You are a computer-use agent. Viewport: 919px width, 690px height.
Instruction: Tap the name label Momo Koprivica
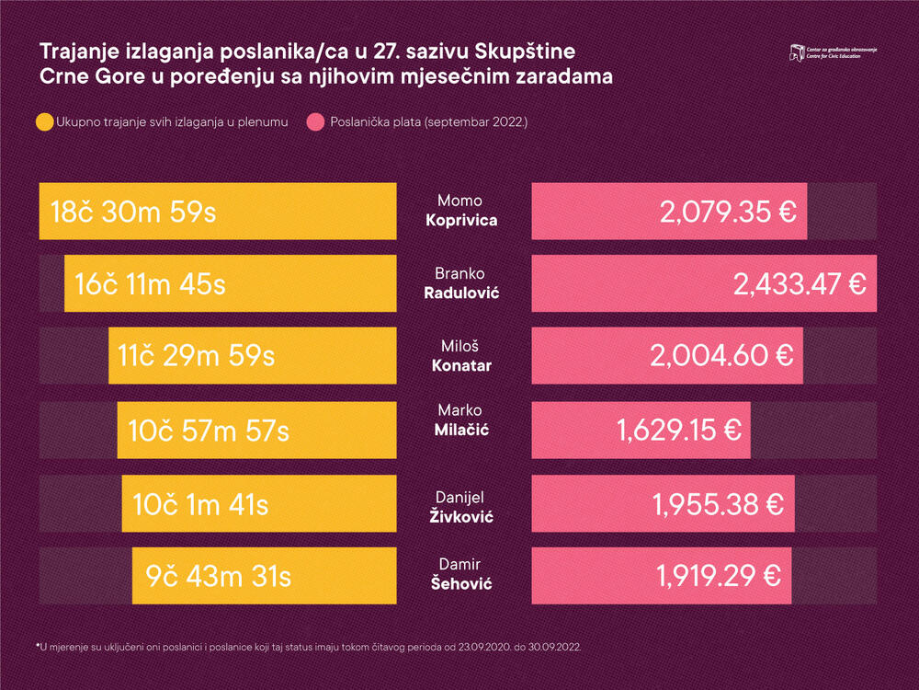[460, 212]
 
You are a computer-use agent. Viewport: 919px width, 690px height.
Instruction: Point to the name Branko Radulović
[460, 284]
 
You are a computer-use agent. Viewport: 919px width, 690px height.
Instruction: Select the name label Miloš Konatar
[460, 356]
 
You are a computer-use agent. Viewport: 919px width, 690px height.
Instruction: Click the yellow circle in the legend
[45, 121]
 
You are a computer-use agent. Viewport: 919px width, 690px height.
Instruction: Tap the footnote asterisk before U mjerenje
[38, 645]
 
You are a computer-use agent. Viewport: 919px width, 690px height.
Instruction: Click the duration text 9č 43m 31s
[219, 576]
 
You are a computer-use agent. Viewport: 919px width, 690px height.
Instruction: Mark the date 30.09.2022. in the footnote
[552, 647]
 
